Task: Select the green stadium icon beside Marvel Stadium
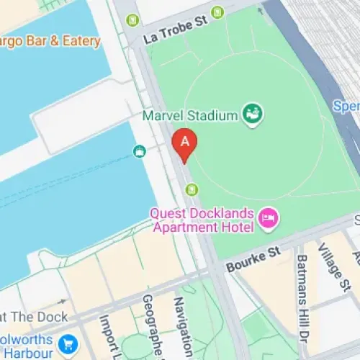click(253, 113)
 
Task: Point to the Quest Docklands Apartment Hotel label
click(202, 221)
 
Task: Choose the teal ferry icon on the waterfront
click(140, 150)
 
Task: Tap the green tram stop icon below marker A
click(192, 189)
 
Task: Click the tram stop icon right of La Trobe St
click(219, 12)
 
